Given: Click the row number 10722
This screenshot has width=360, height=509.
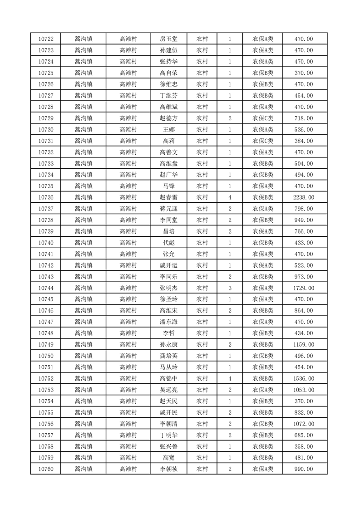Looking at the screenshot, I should click(46, 39).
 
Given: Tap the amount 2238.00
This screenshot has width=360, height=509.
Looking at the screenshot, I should click(304, 197).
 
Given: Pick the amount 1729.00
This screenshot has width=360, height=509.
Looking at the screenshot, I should click(304, 288).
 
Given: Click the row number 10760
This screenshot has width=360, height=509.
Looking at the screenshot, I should click(46, 469).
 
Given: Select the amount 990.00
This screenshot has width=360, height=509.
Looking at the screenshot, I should click(304, 469).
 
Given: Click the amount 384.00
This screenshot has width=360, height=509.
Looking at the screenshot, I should click(304, 141).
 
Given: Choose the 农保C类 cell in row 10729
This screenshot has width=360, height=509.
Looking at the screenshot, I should click(263, 118).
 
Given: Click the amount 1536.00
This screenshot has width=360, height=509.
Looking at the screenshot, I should click(304, 378).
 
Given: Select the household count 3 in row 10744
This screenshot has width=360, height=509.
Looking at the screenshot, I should click(230, 288).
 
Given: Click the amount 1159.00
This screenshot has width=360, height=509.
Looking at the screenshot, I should click(304, 344).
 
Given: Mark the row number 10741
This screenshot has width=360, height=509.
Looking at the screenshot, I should click(46, 254).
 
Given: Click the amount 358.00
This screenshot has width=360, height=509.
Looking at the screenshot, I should click(304, 446).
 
